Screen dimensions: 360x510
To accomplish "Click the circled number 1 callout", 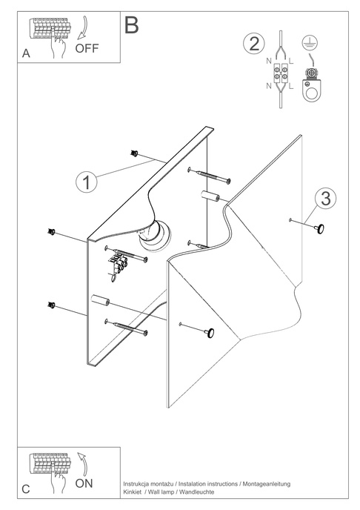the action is point(87,182).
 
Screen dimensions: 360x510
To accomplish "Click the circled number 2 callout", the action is point(254,44).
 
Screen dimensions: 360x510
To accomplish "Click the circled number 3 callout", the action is point(325,198).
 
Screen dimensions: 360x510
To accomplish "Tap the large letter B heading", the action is point(132,24).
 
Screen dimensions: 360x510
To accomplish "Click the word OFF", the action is point(87,48).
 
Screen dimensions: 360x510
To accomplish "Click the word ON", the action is point(84,483).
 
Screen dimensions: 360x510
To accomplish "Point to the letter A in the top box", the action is point(26,53).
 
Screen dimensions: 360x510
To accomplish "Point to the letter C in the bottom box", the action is point(26,489).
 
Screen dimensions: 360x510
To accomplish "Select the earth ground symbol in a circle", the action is point(310,43).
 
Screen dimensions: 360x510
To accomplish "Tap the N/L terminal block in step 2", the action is point(280,73).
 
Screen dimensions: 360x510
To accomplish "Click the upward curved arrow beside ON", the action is point(83,463).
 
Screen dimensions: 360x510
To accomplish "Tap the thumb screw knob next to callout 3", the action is point(319,229).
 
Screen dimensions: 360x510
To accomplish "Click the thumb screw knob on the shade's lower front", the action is point(210,333).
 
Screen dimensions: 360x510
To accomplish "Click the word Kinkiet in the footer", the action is point(133,491).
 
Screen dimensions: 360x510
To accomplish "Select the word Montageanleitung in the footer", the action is point(267,484).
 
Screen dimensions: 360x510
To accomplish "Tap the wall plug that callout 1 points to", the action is point(134,153).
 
